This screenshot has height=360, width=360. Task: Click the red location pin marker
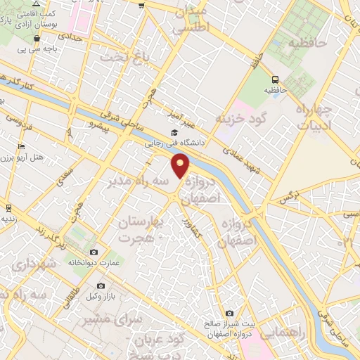click(181, 166)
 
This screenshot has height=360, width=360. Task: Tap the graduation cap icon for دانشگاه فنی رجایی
click(174, 132)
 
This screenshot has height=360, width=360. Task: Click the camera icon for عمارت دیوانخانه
click(94, 252)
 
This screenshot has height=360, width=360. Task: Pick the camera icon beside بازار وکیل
click(101, 286)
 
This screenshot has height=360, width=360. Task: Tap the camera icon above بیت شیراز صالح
click(229, 313)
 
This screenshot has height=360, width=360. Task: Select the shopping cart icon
click(141, 6)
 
